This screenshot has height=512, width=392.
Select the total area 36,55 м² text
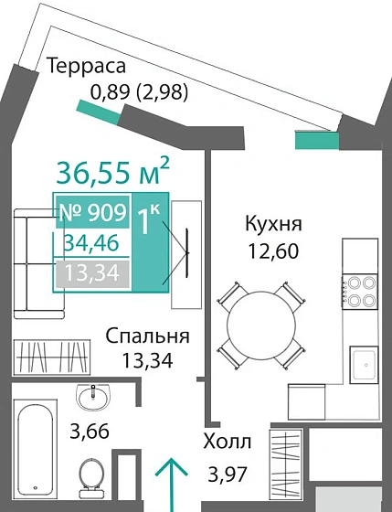[x=112, y=171]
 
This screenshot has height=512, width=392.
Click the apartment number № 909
[x=90, y=213]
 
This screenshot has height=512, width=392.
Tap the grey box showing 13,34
[x=92, y=272]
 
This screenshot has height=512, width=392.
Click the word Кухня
[x=273, y=224]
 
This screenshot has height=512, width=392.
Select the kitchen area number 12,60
[x=273, y=250]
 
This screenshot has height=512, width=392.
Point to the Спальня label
[x=146, y=336]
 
